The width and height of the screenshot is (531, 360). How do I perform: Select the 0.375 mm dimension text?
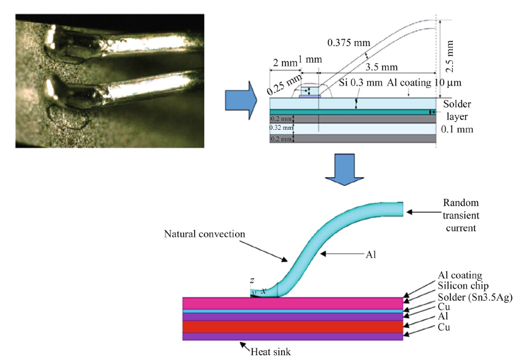pos(346,43)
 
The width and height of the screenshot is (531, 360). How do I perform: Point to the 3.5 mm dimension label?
pos(381,66)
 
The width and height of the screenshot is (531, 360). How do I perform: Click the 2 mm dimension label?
pos(283,63)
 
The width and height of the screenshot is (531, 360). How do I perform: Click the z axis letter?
pos(252,281)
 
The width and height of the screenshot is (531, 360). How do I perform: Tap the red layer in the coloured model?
pos(293,326)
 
